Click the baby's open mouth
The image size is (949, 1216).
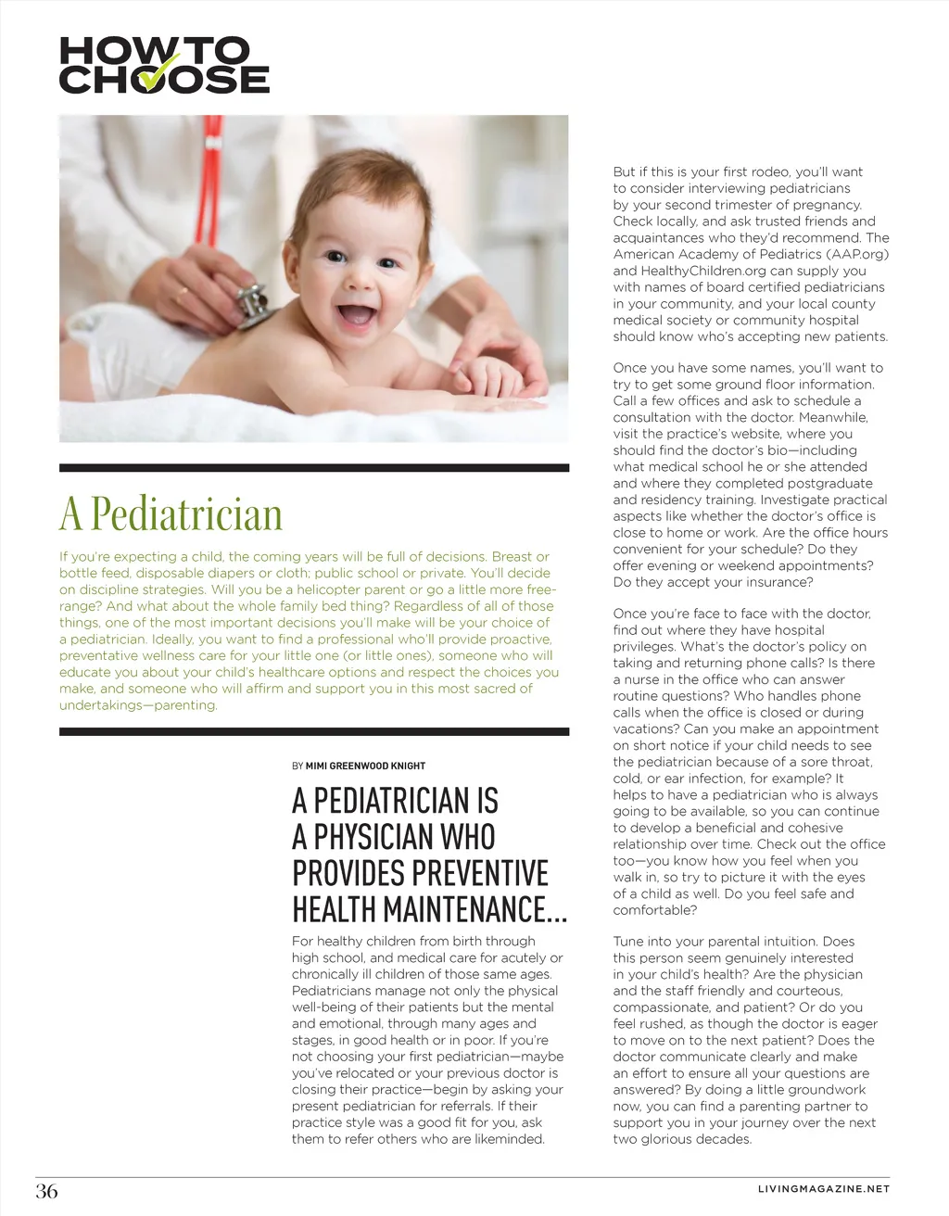click(x=356, y=313)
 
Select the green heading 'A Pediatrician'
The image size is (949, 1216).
click(x=171, y=514)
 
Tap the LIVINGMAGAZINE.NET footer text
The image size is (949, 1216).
click(x=823, y=1189)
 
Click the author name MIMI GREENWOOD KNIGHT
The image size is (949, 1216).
click(x=365, y=766)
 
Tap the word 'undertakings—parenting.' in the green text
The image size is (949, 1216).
click(x=138, y=705)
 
